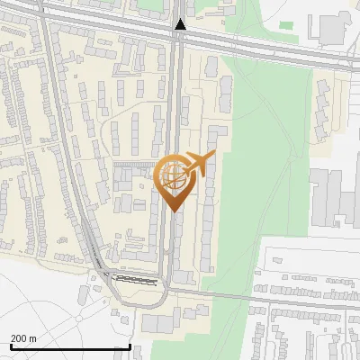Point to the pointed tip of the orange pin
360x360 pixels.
(173, 211)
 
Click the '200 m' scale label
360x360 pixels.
(23, 337)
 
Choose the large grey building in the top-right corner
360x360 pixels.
(333, 27)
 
